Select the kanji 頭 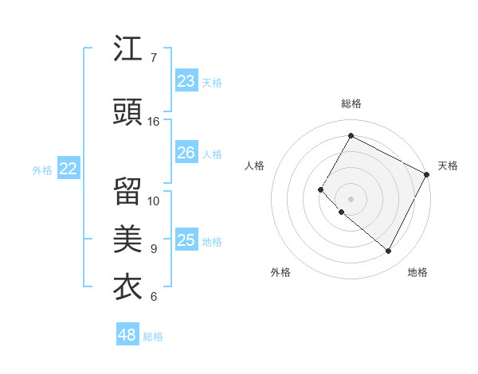tap(128, 113)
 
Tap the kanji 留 tap(128, 192)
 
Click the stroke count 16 tap(154, 122)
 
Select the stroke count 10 tap(154, 201)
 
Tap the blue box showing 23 tap(186, 81)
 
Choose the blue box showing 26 tap(186, 153)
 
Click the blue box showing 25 tap(186, 240)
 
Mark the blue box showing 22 tap(68, 169)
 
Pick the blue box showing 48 tap(127, 335)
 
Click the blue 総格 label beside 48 tap(153, 337)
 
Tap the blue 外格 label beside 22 tap(42, 169)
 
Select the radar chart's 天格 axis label tap(448, 166)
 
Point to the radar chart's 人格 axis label tap(254, 166)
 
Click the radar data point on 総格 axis tap(351, 136)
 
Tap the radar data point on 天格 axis tap(427, 174)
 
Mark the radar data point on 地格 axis tap(389, 251)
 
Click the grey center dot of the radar tap(351, 199)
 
